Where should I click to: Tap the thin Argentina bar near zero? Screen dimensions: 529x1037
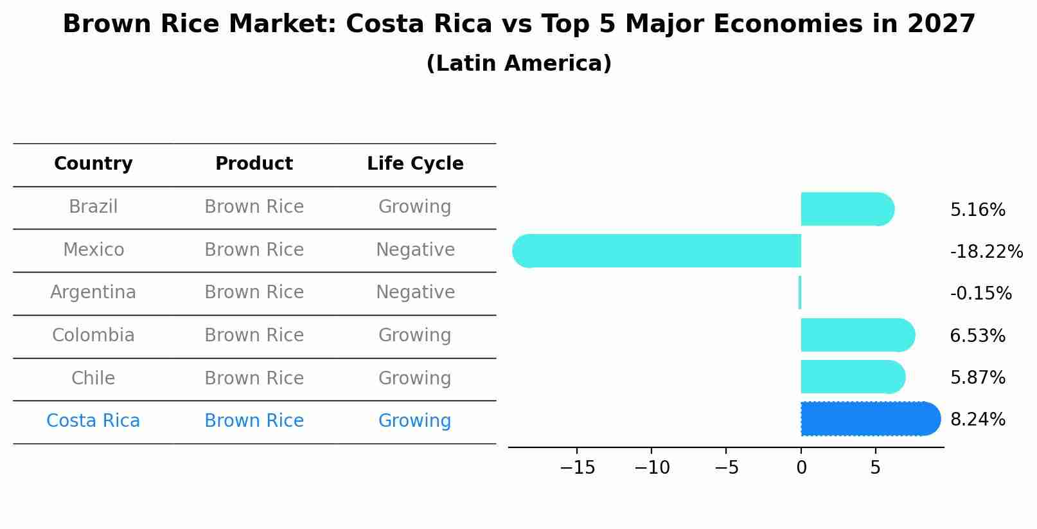[x=800, y=292]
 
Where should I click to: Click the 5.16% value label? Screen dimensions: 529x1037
[x=977, y=210]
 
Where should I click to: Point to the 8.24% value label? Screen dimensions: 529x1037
[x=977, y=420]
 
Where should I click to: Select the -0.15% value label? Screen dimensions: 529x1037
[x=980, y=294]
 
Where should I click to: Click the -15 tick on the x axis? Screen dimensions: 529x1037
[x=577, y=468]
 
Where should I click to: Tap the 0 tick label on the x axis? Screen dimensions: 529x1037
[x=801, y=468]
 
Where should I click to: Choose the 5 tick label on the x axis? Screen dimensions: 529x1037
[x=875, y=468]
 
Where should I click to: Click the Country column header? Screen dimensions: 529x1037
[x=93, y=164]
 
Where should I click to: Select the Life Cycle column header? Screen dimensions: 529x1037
[x=415, y=164]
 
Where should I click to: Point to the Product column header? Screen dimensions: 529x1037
[x=254, y=164]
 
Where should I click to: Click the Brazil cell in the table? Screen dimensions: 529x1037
[x=93, y=207]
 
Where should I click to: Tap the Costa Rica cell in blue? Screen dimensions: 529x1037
[x=93, y=421]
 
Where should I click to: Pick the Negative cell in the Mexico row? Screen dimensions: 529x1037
[x=415, y=250]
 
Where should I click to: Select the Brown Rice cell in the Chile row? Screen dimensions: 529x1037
[x=254, y=379]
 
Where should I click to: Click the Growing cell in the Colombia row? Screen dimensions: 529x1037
[x=415, y=336]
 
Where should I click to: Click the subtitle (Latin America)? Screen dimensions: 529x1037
[x=518, y=64]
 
